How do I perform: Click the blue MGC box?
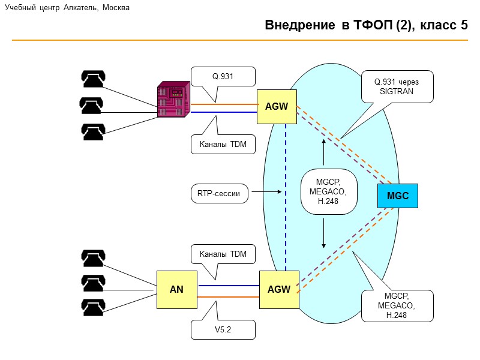397,196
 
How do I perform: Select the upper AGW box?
277,107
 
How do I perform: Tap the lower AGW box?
279,289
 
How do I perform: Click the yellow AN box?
176,289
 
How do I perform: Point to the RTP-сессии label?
218,193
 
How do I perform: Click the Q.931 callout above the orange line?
223,76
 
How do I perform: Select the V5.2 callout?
223,329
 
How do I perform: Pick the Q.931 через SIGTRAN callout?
397,86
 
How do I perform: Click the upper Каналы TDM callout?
223,144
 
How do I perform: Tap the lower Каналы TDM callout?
223,254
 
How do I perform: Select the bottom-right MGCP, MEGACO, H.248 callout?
397,305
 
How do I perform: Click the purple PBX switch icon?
174,98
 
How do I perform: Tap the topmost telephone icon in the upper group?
94,79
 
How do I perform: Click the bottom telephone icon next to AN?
93,308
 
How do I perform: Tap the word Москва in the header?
116,8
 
